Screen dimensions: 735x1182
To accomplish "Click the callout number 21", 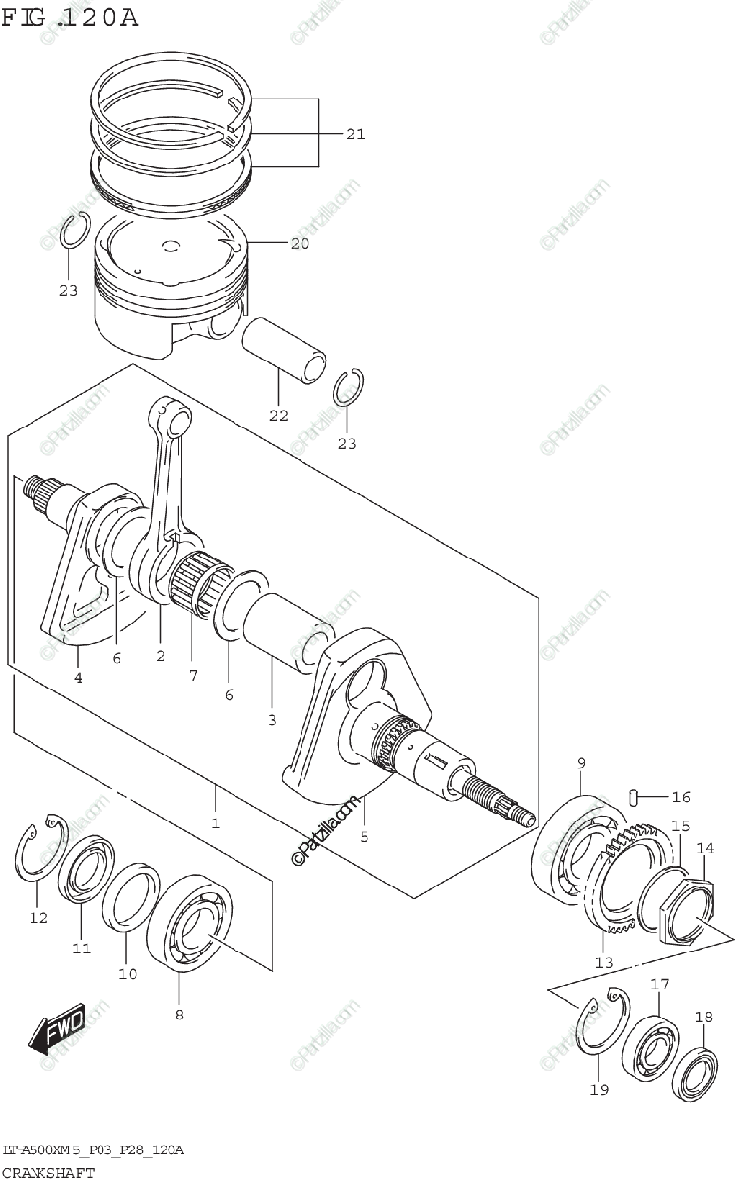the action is pos(355,134).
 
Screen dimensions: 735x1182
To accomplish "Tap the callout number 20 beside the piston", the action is pos(300,243).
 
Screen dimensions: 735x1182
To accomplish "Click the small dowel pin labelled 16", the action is pos(637,796).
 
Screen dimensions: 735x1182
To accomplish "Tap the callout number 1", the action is pos(215,822).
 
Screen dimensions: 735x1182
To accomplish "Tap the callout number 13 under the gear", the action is pos(604,962).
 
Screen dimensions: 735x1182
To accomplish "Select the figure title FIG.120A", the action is pos(70,17).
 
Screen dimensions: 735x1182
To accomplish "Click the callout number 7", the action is pos(194,675).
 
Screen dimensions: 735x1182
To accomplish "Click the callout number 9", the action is pos(581,763).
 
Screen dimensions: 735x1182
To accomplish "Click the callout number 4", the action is pos(77,677).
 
